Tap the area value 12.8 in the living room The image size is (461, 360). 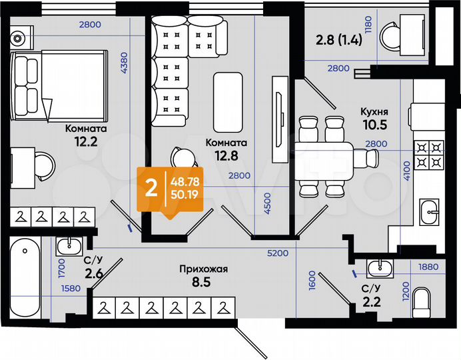pyautogui.click(x=227, y=156)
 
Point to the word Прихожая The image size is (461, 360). pyautogui.click(x=204, y=269)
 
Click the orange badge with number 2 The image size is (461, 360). pyautogui.click(x=151, y=188)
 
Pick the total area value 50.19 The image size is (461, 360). pyautogui.click(x=186, y=194)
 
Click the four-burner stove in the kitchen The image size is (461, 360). pyautogui.click(x=428, y=155)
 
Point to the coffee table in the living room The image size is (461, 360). pyautogui.click(x=227, y=102)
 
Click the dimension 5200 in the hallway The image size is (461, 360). pyautogui.click(x=277, y=253)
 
